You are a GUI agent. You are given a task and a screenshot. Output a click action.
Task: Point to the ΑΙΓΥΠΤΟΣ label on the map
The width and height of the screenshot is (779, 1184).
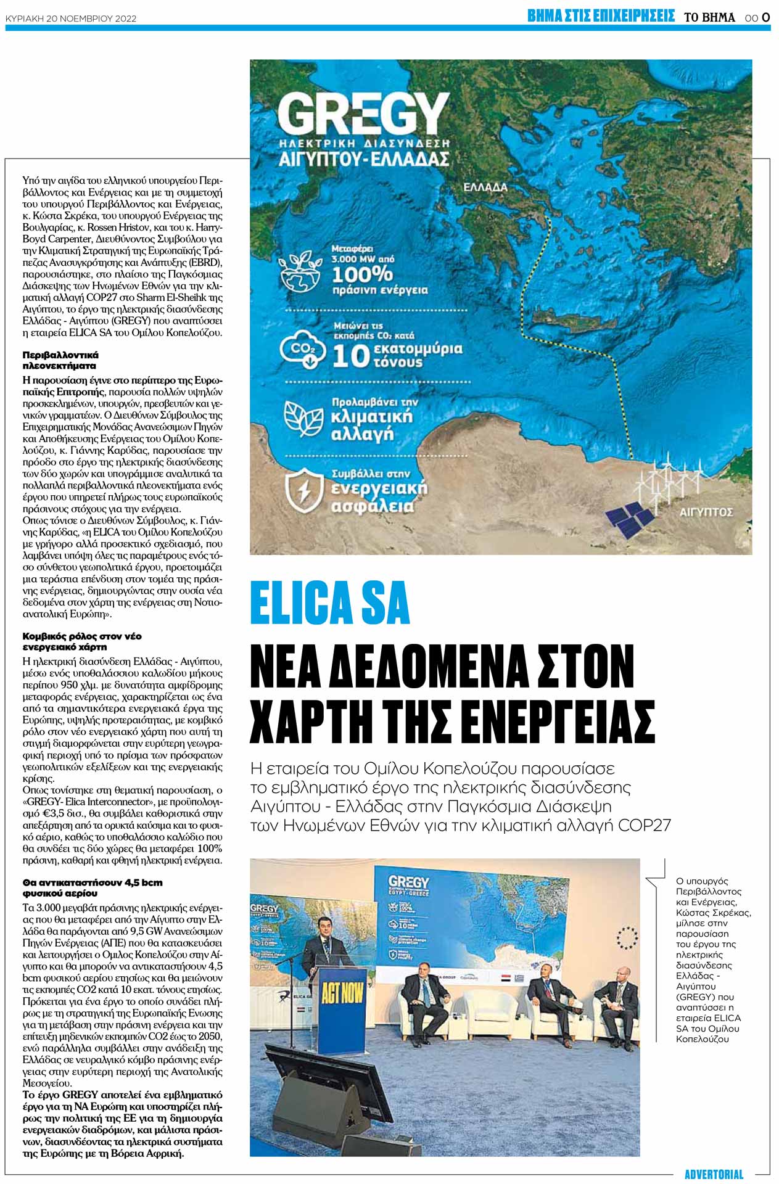pos(706,512)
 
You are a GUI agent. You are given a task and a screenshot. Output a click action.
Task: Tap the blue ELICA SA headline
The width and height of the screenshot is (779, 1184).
pos(330,602)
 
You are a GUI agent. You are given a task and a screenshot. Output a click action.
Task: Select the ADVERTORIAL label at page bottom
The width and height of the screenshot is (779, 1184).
pos(714,1174)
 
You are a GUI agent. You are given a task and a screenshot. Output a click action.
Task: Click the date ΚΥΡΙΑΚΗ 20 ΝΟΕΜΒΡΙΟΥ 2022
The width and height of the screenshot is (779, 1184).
pos(71,18)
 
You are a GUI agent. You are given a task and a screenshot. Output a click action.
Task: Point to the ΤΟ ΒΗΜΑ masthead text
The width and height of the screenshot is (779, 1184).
pos(709,18)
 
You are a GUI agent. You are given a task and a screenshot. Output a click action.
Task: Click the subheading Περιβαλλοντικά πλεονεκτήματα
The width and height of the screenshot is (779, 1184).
pos(60,360)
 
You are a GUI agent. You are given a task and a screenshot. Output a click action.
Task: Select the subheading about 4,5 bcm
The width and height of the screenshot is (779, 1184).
pos(93,887)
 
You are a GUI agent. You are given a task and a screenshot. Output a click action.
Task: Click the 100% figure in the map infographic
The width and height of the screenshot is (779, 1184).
pos(362,274)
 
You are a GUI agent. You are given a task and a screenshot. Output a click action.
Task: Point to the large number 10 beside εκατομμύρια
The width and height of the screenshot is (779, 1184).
pos(352,356)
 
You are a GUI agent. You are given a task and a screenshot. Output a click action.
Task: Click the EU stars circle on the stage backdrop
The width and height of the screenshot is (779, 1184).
pos(627,937)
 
